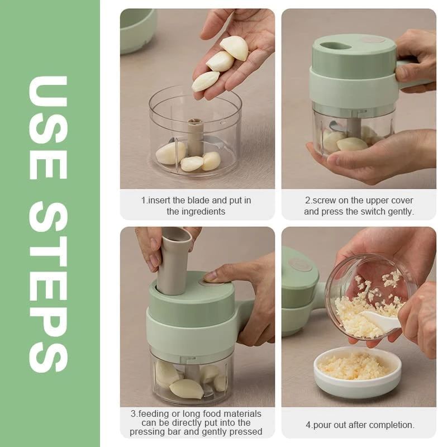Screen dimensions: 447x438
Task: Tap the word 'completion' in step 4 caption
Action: pyautogui.click(x=388, y=425)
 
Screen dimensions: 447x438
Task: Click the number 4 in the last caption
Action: pyautogui.click(x=308, y=425)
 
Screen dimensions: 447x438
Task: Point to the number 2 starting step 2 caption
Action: pyautogui.click(x=307, y=200)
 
